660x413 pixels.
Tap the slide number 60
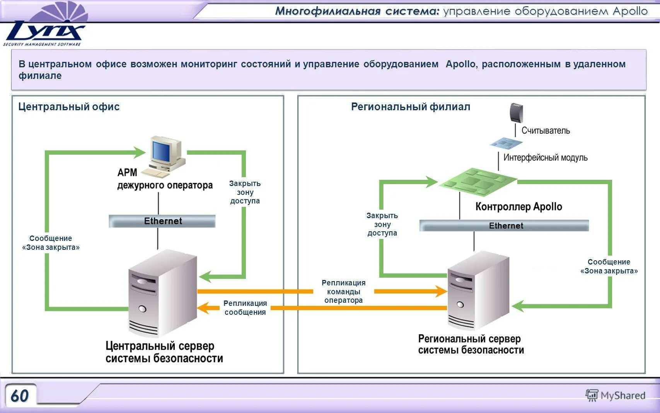[x=20, y=396]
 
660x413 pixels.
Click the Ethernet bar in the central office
[x=162, y=221]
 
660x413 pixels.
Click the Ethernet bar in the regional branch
[x=504, y=225]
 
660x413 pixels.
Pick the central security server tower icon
[x=162, y=294]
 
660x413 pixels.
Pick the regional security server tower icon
[x=478, y=290]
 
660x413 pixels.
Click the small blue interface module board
[x=506, y=143]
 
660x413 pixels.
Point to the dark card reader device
[x=516, y=113]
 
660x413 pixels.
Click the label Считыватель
[x=546, y=130]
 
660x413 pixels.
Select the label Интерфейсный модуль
[x=545, y=157]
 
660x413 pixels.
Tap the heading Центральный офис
[x=69, y=107]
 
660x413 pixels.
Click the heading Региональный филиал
[x=410, y=107]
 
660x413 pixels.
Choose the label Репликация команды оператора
[x=343, y=292]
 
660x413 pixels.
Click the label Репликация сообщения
[x=245, y=308]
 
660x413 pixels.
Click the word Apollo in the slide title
[x=630, y=11]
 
